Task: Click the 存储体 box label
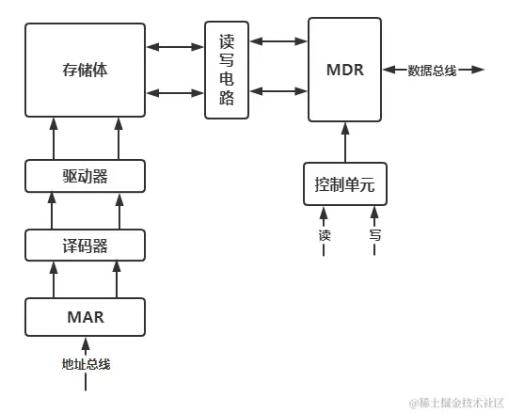[85, 71]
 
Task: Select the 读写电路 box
[227, 70]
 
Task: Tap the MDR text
[344, 71]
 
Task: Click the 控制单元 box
[344, 184]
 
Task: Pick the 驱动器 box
[85, 176]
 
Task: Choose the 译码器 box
[85, 246]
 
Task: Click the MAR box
[85, 317]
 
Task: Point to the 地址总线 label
[86, 362]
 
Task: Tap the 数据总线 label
[432, 71]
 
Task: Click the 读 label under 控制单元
[325, 235]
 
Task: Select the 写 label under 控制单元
[374, 235]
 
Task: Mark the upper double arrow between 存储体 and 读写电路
[176, 43]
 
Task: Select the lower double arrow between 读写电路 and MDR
[278, 91]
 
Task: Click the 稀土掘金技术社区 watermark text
[455, 401]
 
